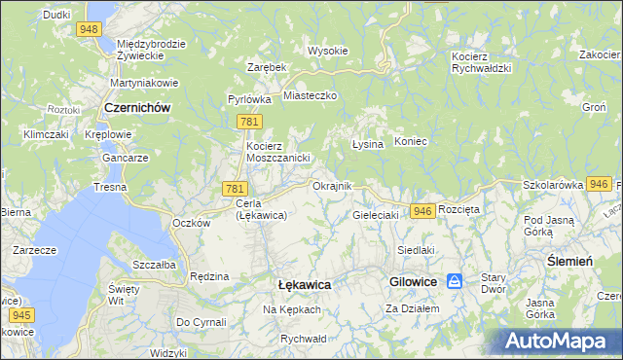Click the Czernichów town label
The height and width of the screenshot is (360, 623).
point(137,109)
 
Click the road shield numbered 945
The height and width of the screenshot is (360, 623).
point(22,316)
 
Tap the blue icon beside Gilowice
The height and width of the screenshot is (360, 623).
point(455,281)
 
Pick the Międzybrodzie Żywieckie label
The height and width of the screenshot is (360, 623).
point(150,51)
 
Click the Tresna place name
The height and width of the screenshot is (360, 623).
point(110,186)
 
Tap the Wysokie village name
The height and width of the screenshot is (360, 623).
point(327,51)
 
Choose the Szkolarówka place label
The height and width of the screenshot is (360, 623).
point(552,184)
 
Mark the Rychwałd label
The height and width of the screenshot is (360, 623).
point(302,339)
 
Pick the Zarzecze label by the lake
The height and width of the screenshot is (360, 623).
point(33,250)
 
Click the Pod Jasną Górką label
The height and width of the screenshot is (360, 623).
point(552,227)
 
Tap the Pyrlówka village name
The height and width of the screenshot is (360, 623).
point(249,99)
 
